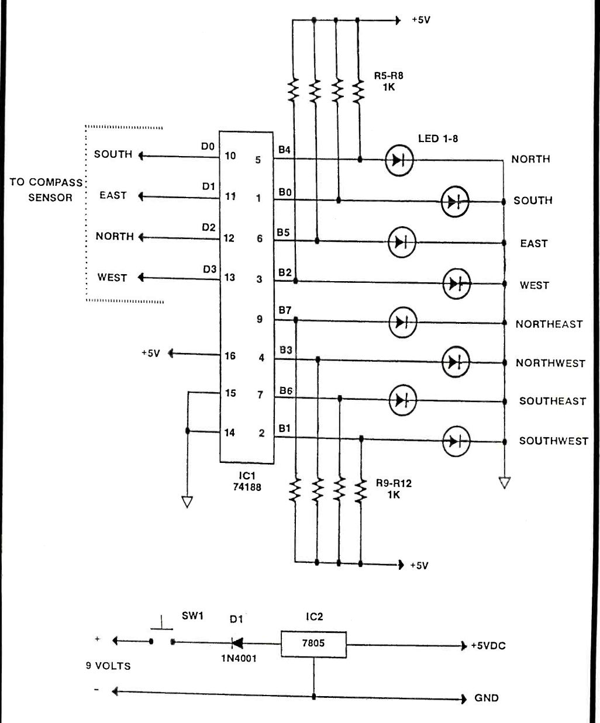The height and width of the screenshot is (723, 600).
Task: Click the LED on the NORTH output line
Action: coord(399,160)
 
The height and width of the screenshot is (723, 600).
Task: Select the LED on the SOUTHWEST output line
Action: coord(456,441)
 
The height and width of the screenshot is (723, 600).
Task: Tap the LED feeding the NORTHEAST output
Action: coord(402,323)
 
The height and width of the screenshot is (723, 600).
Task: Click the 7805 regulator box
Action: coord(313,645)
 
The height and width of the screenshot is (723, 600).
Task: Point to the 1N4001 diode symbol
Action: coord(237,644)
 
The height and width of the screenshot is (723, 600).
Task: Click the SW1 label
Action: coord(192,615)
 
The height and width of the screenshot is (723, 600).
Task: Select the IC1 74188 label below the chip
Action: coord(247,481)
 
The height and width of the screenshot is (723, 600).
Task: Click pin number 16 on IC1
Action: coord(230,356)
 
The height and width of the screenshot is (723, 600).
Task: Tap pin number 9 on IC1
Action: coord(260,319)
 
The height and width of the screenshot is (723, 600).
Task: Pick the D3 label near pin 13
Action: coord(209,269)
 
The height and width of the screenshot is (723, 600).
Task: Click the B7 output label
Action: coord(285,310)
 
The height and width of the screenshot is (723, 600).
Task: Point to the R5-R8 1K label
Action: coord(389,81)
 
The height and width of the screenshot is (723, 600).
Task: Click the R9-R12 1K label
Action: coord(394,489)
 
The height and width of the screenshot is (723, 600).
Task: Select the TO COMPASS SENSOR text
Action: coord(46,190)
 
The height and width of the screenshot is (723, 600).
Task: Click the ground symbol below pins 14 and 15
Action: coord(187,501)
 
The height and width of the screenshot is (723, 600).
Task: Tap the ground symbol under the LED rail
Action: coord(505,483)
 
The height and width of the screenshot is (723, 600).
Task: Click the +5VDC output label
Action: coord(488,646)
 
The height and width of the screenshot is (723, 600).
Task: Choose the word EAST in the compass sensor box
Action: coord(113,195)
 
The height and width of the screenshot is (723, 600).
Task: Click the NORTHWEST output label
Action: coord(550,363)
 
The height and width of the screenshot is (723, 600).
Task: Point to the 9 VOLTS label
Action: coord(108,666)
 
